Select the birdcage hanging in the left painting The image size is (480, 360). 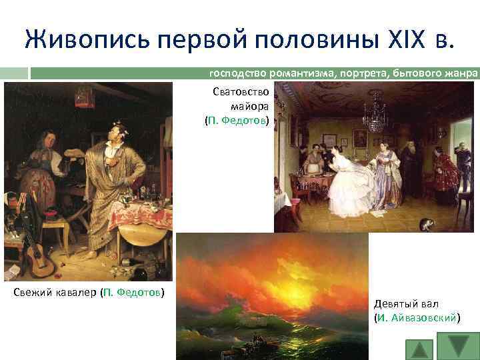pyautogui.click(x=84, y=97)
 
